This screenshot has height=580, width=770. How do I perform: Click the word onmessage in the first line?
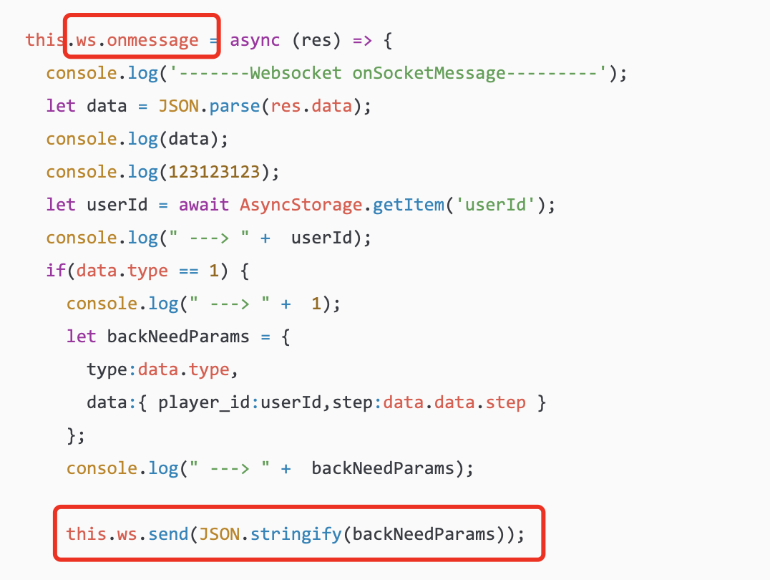point(152,40)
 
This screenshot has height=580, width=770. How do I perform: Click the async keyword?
point(255,40)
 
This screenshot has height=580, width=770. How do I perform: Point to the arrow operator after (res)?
point(362,40)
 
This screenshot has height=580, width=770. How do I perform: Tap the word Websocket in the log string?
point(296,73)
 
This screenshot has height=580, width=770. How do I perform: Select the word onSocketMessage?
point(429,73)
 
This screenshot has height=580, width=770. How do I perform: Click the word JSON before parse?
point(179,106)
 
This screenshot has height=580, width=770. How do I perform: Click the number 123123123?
point(214,172)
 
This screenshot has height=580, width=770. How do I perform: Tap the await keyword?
point(204,205)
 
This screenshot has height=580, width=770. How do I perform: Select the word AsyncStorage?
point(301,205)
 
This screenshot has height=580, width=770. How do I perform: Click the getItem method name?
point(408,205)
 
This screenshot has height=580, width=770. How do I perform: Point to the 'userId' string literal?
point(495,205)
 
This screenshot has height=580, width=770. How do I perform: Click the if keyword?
point(56,271)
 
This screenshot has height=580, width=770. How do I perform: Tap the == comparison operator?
point(189,271)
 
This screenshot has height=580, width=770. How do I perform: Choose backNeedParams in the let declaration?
point(178,337)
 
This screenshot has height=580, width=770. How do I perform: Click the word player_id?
point(204,403)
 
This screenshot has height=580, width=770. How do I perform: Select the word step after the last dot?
point(505,403)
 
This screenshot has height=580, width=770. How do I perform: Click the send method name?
point(168,534)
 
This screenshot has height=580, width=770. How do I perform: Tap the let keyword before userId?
point(61,205)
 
